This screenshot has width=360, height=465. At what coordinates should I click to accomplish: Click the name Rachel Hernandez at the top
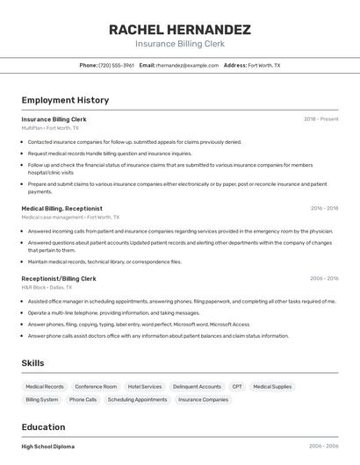click(180, 29)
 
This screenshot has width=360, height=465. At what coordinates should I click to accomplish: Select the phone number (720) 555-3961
click(116, 65)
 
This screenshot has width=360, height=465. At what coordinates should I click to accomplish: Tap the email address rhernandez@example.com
click(187, 65)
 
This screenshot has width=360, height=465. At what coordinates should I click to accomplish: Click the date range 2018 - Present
click(321, 119)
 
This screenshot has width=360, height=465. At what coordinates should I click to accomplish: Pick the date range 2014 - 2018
click(324, 209)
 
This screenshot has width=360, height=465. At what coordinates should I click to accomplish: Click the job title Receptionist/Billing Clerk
click(59, 278)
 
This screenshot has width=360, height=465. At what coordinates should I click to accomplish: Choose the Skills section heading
click(33, 362)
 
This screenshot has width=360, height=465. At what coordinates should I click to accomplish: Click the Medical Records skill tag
click(45, 386)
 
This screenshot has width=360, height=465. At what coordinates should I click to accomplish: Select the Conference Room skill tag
click(96, 386)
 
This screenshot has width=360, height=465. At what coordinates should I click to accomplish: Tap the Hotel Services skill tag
click(145, 386)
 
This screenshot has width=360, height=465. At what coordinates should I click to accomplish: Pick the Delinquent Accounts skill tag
click(197, 386)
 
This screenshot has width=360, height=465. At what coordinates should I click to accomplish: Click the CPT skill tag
click(237, 386)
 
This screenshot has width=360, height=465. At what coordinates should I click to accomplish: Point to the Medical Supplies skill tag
click(272, 386)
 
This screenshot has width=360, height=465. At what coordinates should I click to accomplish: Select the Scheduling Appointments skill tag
click(137, 399)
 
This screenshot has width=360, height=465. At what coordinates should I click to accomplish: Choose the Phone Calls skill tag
click(83, 399)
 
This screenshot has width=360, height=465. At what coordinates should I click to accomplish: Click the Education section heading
click(43, 426)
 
